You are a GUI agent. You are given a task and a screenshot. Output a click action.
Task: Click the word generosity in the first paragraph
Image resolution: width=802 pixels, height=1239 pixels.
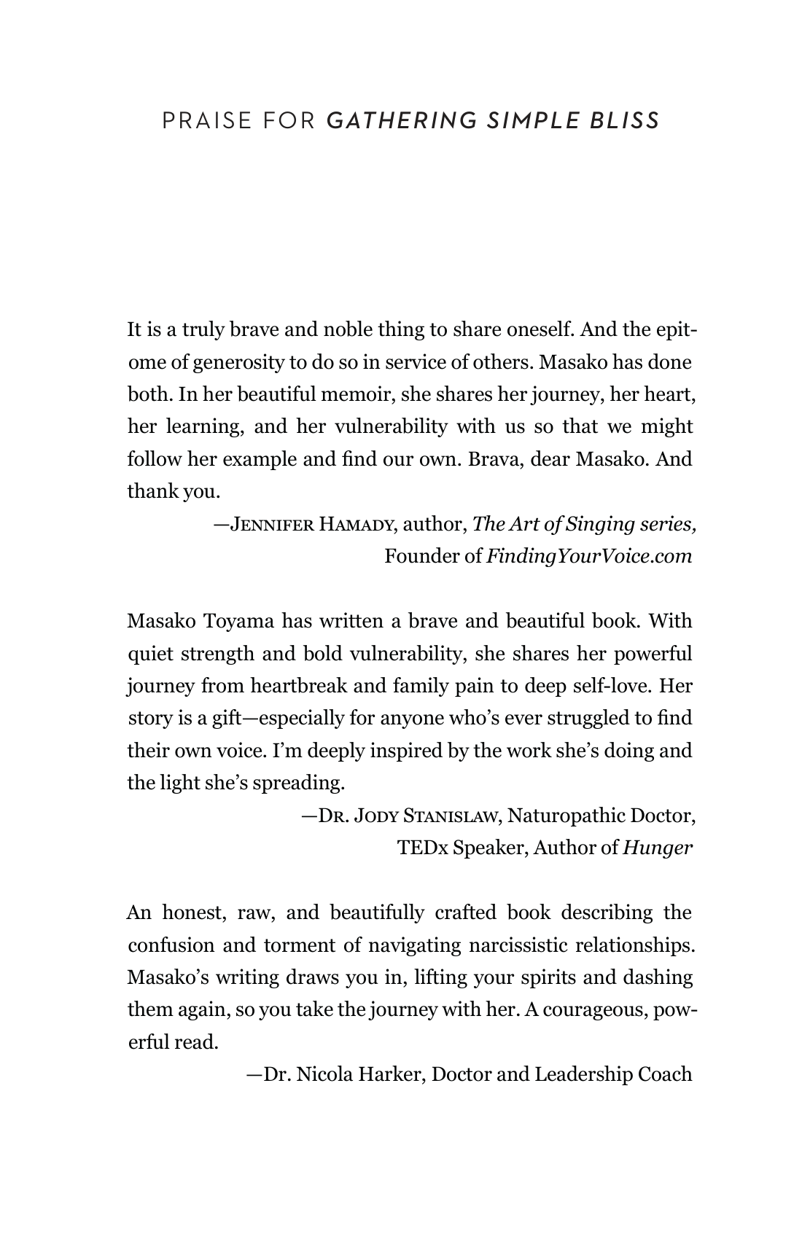pyautogui.click(x=249, y=362)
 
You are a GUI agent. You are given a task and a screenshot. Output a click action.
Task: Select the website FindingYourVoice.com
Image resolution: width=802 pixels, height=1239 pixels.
pyautogui.click(x=588, y=556)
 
